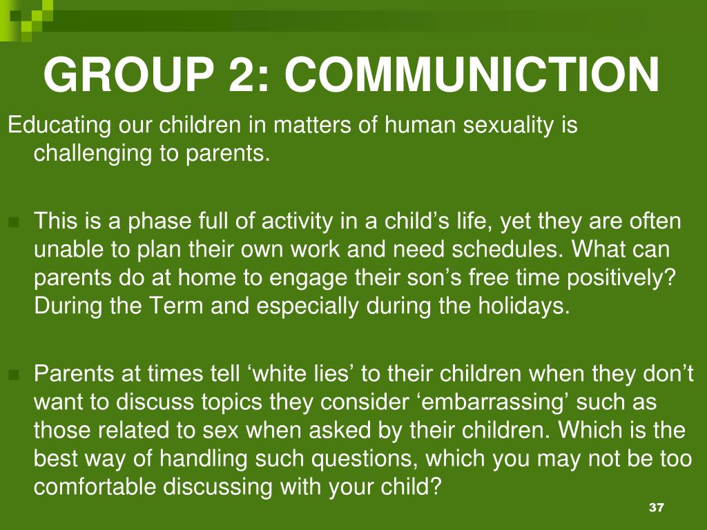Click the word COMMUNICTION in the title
(x=472, y=75)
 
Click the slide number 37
(x=657, y=507)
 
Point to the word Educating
(x=59, y=126)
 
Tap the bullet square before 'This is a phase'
(x=14, y=222)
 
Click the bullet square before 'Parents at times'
(x=14, y=374)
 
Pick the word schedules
(x=507, y=249)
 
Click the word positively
(x=622, y=277)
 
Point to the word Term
(x=176, y=306)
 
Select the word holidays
(x=524, y=306)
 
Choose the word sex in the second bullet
(x=220, y=431)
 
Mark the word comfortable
(x=94, y=487)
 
